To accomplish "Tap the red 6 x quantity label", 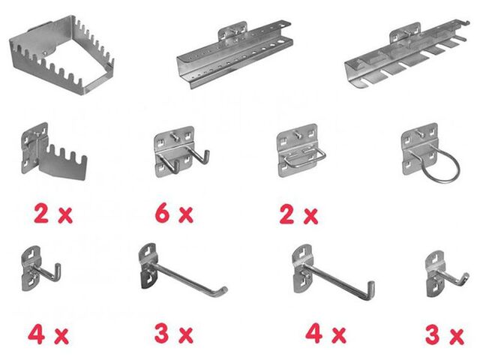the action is coord(174,214).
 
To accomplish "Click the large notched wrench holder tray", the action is coord(61,55).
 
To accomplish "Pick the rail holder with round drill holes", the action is coord(234,55).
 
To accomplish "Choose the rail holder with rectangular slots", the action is coord(406,55).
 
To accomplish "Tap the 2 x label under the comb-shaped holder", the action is coord(53,214).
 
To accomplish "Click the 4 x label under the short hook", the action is coord(48,334).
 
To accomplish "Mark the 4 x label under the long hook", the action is coord(325,334).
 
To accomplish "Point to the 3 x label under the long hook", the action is coord(173,334).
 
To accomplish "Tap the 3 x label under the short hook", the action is coord(445,335).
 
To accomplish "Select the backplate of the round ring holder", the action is coord(418,148).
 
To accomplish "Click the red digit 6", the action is coord(162,214).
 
